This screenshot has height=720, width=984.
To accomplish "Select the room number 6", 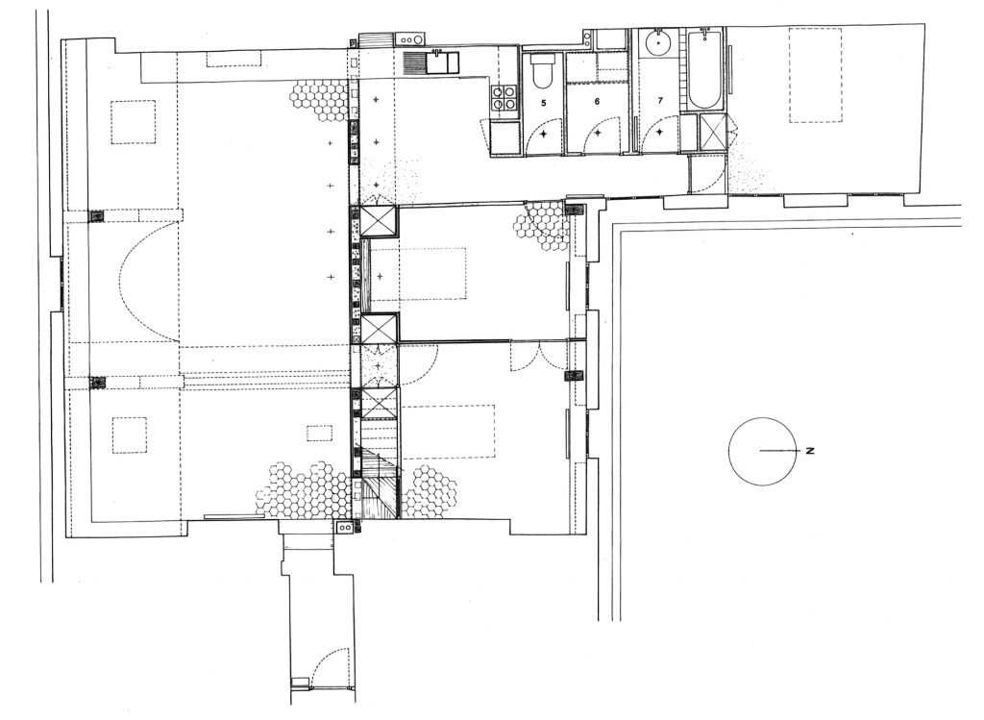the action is point(597,100).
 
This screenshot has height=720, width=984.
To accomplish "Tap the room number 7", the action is point(660,100).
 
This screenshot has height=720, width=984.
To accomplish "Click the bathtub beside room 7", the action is point(706,69).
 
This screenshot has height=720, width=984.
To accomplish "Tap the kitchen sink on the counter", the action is point(443,62).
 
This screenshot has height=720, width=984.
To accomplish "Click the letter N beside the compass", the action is point(810,450).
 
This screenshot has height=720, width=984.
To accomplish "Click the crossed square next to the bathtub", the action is point(712,132).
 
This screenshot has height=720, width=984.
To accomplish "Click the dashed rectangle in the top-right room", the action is point(815,75).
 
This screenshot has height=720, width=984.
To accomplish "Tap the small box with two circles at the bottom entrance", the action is point(345,528).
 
